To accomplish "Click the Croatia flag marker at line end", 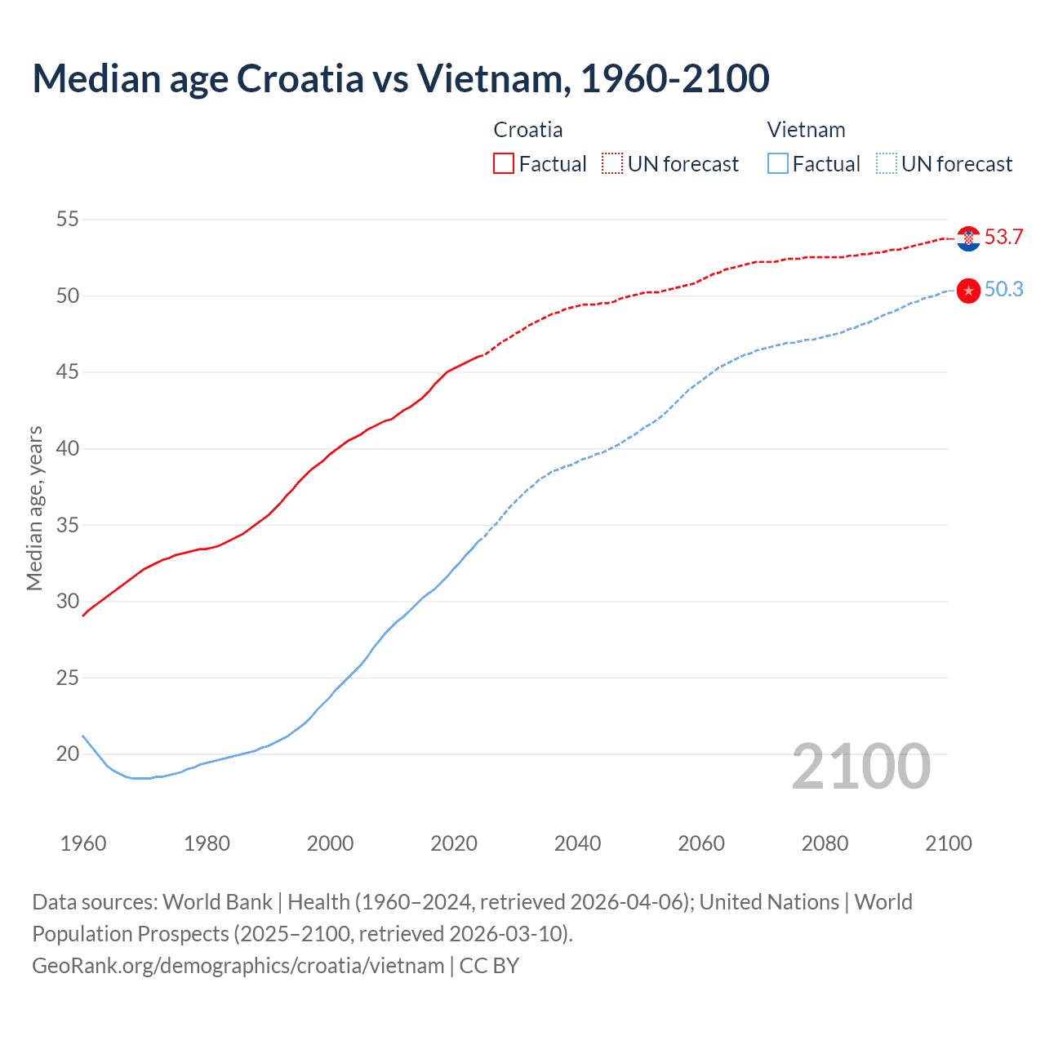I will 968,238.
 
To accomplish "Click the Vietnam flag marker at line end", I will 968,291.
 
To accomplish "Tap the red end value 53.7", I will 1003,238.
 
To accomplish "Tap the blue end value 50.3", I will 1003,290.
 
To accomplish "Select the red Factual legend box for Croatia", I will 504,164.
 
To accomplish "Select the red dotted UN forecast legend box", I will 612,164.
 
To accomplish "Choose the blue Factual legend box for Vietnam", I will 778,164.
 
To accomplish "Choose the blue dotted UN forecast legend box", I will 887,164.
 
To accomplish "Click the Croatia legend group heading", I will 527,130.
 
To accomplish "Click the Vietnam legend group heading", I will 806,130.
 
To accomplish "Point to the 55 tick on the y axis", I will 68,220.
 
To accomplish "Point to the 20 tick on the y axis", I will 68,754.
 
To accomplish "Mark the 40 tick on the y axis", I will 68,448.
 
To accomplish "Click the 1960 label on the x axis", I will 83,843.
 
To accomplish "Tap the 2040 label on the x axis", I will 577,843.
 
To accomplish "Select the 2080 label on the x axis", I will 825,843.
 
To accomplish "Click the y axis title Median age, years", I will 34,508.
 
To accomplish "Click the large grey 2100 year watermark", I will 860,767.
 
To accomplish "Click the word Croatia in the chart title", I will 300,78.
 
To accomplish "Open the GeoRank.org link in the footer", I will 238,966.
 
